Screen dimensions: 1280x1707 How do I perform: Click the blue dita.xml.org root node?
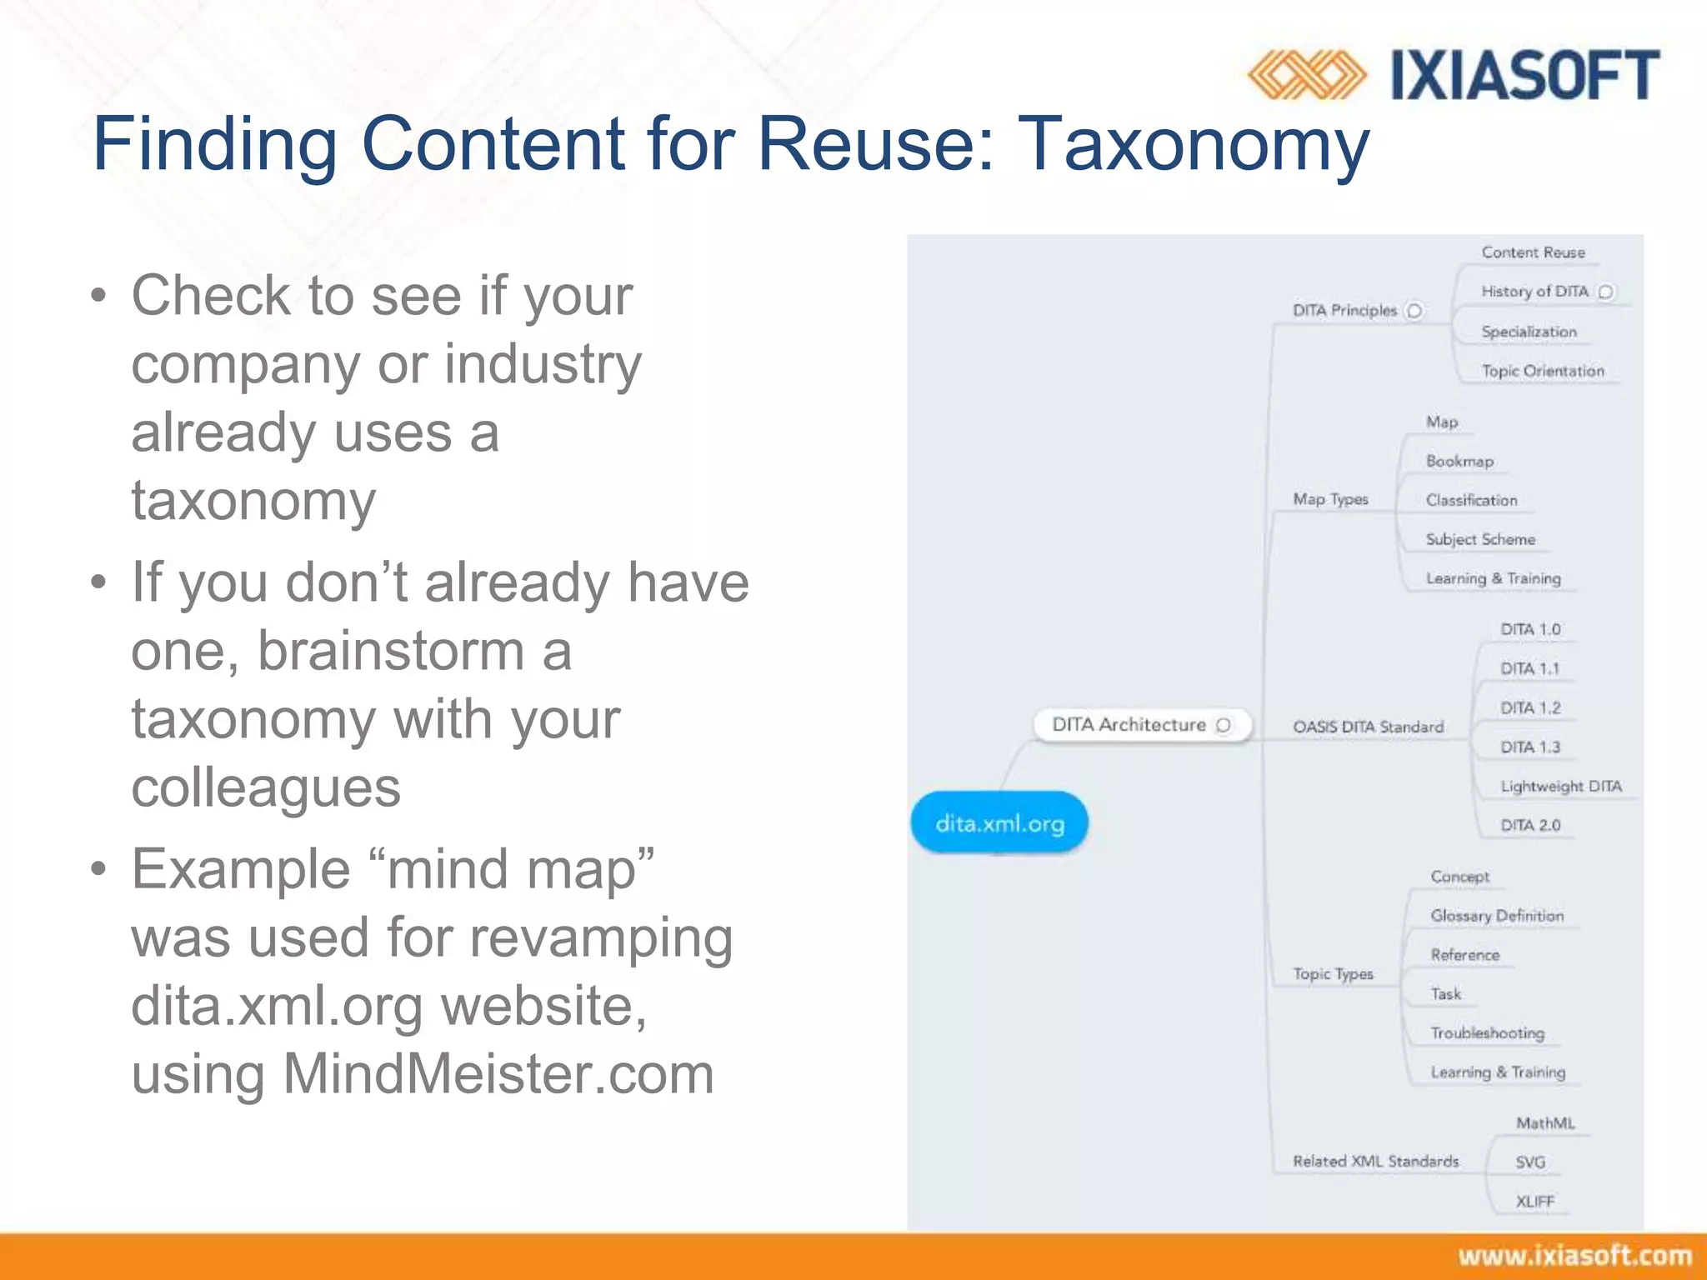tap(999, 823)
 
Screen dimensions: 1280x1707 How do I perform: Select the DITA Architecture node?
tap(1129, 724)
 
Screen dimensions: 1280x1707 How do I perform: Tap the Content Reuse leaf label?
tap(1533, 252)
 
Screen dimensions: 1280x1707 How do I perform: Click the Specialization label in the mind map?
tap(1529, 332)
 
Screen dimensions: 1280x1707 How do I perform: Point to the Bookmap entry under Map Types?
tap(1459, 461)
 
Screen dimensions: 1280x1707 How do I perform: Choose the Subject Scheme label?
tap(1480, 539)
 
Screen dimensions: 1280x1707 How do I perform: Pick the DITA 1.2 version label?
tap(1530, 707)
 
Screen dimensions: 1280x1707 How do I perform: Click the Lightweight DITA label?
tap(1560, 786)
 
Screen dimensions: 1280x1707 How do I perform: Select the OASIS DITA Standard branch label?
tap(1368, 727)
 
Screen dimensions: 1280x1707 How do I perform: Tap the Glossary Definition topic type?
tap(1497, 915)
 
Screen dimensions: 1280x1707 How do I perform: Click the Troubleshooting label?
tap(1488, 1032)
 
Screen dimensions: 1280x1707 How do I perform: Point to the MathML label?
tap(1545, 1122)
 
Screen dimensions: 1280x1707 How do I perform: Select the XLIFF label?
tap(1534, 1201)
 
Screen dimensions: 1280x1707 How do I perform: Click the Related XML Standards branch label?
tap(1375, 1161)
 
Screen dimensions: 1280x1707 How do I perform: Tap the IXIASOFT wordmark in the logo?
tap(1525, 75)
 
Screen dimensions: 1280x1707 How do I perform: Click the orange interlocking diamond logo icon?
tap(1306, 75)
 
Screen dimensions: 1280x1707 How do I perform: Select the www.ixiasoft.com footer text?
tap(1574, 1256)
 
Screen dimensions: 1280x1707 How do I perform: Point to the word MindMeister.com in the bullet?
tap(498, 1073)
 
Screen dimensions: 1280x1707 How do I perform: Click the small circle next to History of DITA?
tap(1605, 292)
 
